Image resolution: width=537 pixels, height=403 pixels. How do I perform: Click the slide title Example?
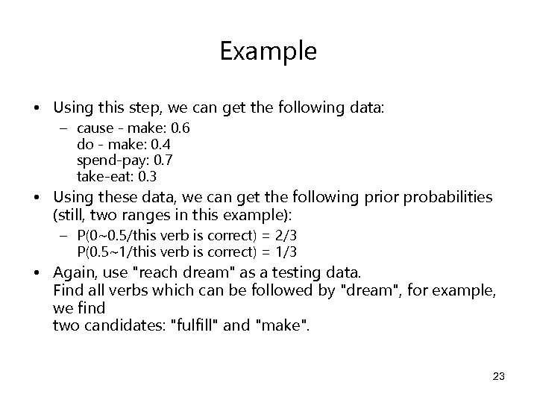[x=268, y=51]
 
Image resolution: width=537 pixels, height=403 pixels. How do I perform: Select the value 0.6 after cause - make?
[x=180, y=128]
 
